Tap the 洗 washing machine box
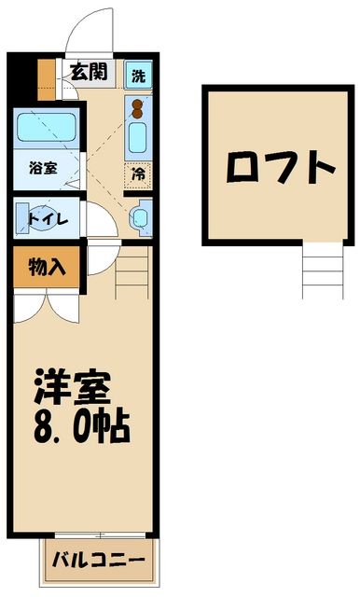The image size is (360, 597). tap(138, 75)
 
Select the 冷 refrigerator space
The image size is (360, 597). tap(138, 173)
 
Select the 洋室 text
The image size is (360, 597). tap(73, 384)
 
